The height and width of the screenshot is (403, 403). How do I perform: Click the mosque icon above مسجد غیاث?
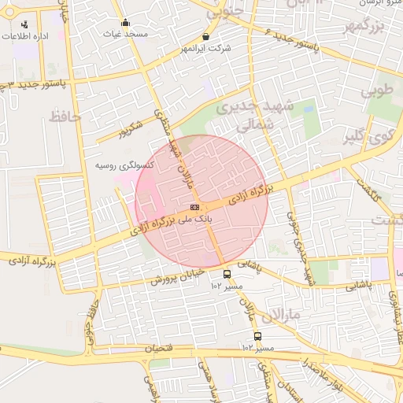tap(125, 22)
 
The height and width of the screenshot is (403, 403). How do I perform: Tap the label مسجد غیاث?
tap(125, 35)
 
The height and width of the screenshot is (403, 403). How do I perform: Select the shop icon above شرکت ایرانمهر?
tap(206, 36)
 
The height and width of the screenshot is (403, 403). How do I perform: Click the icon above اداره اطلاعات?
tap(24, 24)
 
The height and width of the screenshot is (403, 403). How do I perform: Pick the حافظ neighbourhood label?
tap(65, 116)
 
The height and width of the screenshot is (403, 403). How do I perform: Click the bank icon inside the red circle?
tap(194, 207)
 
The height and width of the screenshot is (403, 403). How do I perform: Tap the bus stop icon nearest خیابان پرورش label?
tap(227, 274)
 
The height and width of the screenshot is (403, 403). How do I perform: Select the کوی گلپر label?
tap(362, 139)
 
